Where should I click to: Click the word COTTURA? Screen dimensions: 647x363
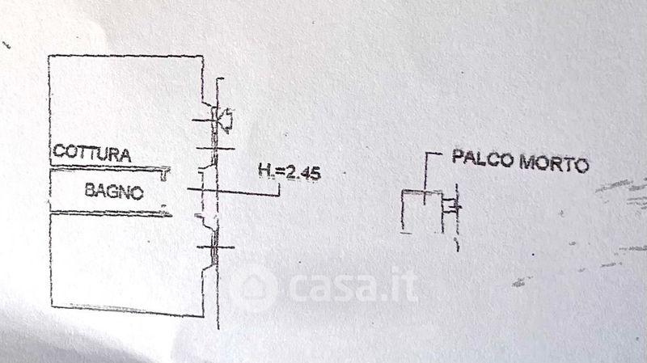coord(92,153)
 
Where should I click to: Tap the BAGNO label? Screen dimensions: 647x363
coord(114,191)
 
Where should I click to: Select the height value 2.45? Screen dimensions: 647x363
coord(303,173)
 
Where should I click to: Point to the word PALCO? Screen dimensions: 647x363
coord(483,158)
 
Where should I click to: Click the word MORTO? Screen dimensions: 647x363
coord(554,163)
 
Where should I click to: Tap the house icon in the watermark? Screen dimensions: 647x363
coord(255,288)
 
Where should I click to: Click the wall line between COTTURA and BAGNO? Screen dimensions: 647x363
coord(109,167)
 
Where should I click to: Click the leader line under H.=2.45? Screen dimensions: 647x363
coord(234,192)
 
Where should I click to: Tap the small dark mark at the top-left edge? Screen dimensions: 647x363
coord(6,44)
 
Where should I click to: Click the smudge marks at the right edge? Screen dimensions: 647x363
coord(621,194)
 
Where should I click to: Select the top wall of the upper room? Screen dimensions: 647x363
coord(125,56)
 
